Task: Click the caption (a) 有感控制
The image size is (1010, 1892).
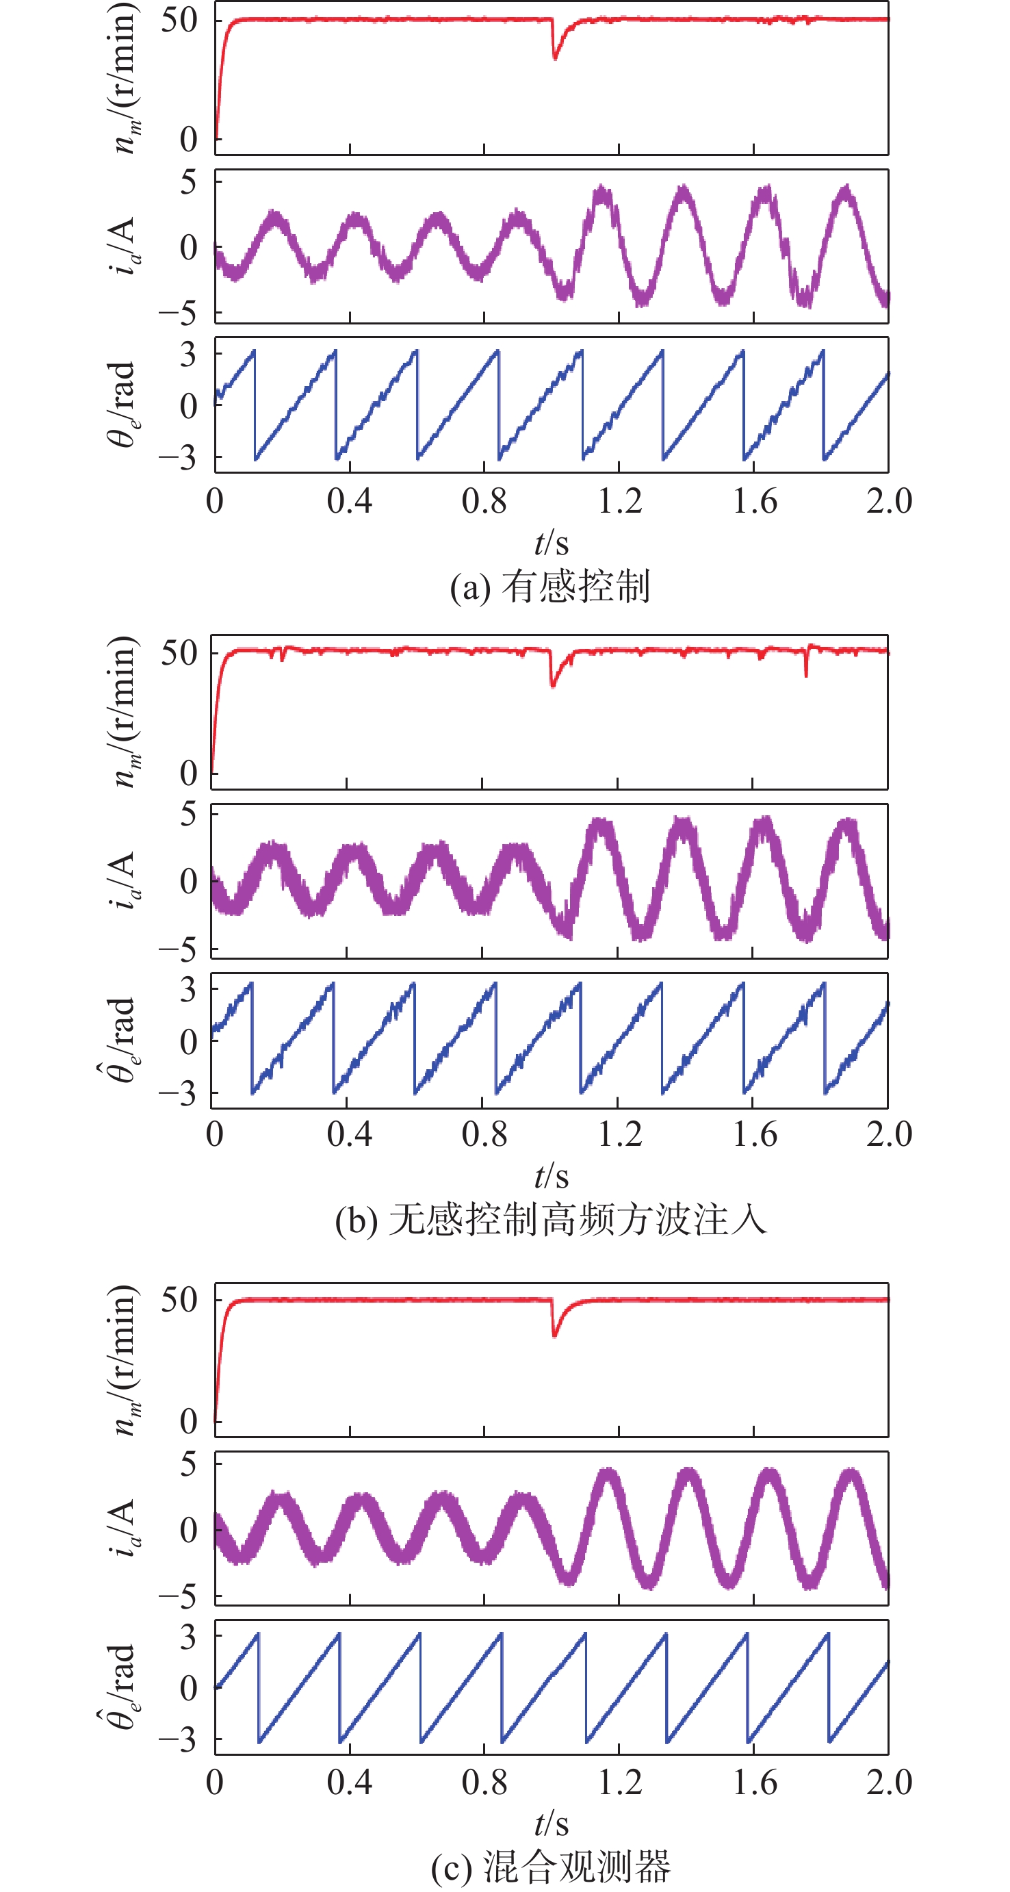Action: click(551, 587)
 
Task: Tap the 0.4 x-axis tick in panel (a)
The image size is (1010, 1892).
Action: click(350, 502)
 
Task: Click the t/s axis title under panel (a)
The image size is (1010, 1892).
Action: click(552, 544)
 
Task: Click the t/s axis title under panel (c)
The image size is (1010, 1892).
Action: click(552, 1824)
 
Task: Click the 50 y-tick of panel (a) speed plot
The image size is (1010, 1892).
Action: click(179, 21)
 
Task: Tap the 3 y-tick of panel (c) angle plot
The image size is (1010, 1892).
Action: click(188, 1637)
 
